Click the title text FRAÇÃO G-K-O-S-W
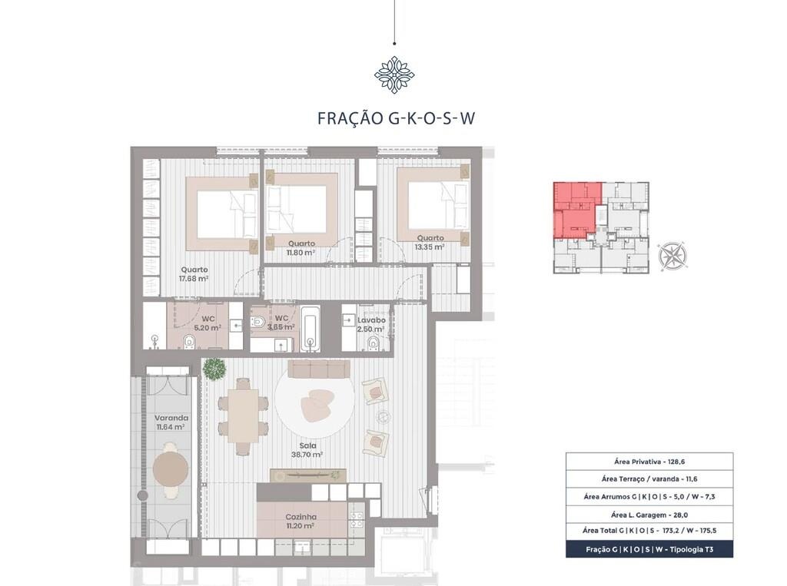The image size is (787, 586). click(396, 118)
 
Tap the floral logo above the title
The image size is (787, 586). click(394, 75)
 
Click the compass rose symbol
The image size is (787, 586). click(672, 255)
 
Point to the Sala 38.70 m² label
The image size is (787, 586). click(307, 450)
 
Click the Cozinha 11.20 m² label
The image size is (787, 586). click(301, 521)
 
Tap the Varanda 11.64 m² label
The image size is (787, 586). click(171, 422)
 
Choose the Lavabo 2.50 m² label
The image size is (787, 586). click(371, 325)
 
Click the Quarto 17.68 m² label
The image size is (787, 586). click(194, 274)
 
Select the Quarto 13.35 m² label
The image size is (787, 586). click(430, 243)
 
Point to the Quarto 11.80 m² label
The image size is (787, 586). click(301, 248)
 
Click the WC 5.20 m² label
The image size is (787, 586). click(208, 323)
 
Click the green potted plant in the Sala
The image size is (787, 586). click(214, 369)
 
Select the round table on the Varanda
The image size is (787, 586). click(171, 469)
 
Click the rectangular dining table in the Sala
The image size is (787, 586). click(243, 416)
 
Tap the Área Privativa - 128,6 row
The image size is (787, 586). click(649, 462)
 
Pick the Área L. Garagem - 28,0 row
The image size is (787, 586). click(649, 515)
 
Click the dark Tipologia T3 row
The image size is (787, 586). click(649, 549)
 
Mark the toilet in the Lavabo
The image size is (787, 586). click(373, 343)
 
